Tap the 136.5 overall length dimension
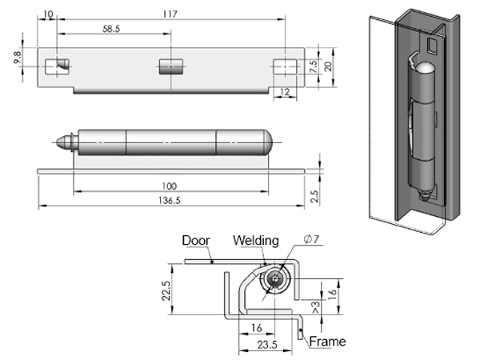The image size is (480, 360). [170, 202]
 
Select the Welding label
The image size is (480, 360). [256, 240]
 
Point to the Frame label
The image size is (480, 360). [328, 342]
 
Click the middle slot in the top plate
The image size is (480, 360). [170, 66]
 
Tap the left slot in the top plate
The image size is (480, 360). [57, 66]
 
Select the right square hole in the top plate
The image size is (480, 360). [283, 66]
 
